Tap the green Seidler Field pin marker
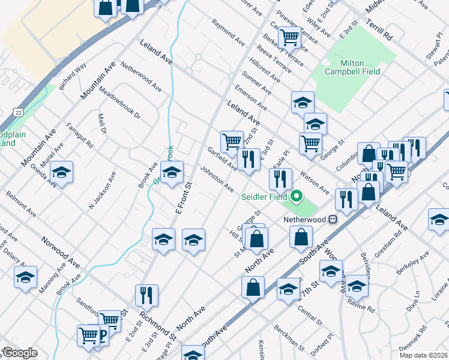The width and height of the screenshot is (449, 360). (296, 196)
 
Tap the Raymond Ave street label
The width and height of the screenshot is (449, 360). (228, 32)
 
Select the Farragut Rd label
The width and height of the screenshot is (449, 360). (80, 136)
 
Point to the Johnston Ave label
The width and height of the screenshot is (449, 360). (217, 179)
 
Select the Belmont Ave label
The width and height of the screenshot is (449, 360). (20, 203)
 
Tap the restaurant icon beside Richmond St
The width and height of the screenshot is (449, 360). (146, 295)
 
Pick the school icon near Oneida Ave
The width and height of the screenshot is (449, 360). (61, 172)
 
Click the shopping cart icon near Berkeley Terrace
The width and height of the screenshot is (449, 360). (289, 37)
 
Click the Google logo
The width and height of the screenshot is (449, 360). (19, 353)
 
